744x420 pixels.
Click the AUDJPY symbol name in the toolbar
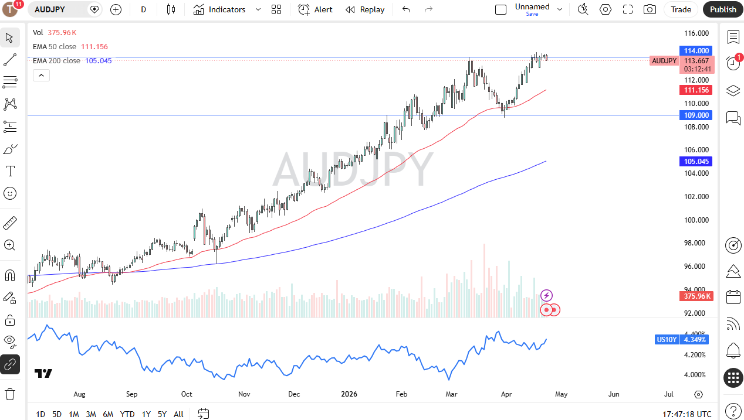pyautogui.click(x=50, y=9)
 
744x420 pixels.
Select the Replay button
pyautogui.click(x=365, y=9)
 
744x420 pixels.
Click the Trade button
pyautogui.click(x=681, y=9)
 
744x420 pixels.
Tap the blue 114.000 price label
pyautogui.click(x=695, y=51)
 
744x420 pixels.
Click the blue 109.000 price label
pyautogui.click(x=695, y=115)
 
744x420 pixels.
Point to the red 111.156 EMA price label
pyautogui.click(x=695, y=90)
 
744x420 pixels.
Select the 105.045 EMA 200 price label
pyautogui.click(x=695, y=162)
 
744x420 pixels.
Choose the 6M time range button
pyautogui.click(x=108, y=414)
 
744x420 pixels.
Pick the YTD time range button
pyautogui.click(x=127, y=414)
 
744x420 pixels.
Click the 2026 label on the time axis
pyautogui.click(x=349, y=394)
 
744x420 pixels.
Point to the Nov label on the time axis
pyautogui.click(x=244, y=394)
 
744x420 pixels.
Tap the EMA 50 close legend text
pyautogui.click(x=55, y=47)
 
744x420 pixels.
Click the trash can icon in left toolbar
pyautogui.click(x=9, y=394)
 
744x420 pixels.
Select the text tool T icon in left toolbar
pyautogui.click(x=10, y=171)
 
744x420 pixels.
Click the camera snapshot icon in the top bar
pyautogui.click(x=650, y=9)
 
